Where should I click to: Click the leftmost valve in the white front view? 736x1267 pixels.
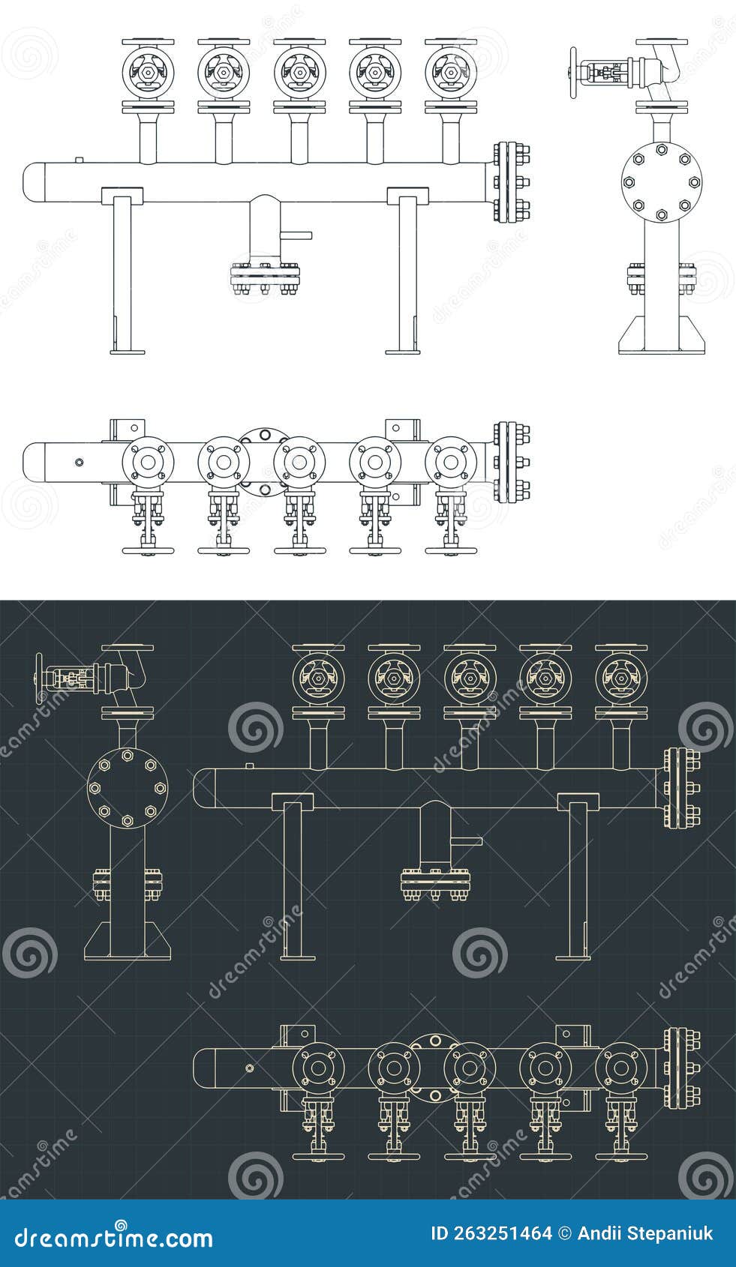click(x=149, y=73)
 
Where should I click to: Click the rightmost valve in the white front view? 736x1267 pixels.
click(x=450, y=73)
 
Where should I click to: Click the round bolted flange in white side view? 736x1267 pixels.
click(x=661, y=182)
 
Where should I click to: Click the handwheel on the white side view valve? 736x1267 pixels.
click(x=574, y=73)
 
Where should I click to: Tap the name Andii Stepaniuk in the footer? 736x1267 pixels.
click(x=645, y=1234)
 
